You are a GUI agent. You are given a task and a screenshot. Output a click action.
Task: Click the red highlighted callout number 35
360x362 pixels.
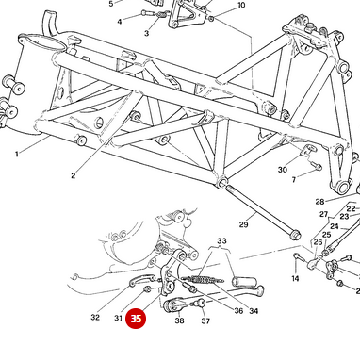coord(137,320)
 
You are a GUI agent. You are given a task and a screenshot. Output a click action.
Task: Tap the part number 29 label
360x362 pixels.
coord(243,223)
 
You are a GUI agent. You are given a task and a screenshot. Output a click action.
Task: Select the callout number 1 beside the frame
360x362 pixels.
coord(16,153)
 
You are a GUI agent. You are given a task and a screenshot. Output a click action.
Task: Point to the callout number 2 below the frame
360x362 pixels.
coord(74,175)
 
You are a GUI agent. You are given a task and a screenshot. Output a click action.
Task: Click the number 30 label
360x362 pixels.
coord(282,170)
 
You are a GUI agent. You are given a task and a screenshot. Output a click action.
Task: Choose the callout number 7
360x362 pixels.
coord(293,179)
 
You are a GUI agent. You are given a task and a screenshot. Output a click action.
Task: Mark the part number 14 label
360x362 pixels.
coord(295,278)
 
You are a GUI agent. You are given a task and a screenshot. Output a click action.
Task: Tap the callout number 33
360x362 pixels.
coord(221,242)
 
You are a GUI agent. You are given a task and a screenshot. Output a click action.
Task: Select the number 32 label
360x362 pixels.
coord(95,318)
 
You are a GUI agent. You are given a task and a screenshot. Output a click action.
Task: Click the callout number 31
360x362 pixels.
coord(118,318)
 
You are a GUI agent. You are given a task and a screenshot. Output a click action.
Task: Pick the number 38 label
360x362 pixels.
coord(179,321)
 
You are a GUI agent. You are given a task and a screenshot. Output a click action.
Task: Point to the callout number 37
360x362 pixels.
coord(205,321)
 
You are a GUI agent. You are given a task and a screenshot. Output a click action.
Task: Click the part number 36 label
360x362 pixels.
coord(238,311)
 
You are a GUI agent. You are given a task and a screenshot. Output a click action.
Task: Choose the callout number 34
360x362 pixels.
coord(254,311)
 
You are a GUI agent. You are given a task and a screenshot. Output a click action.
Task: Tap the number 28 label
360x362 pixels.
coord(319,201)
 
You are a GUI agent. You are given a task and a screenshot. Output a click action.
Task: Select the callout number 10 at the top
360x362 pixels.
coord(241,6)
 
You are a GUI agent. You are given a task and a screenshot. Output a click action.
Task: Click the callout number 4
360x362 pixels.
coord(119,21)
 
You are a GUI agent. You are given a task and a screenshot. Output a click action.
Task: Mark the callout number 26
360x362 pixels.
coord(319,242)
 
